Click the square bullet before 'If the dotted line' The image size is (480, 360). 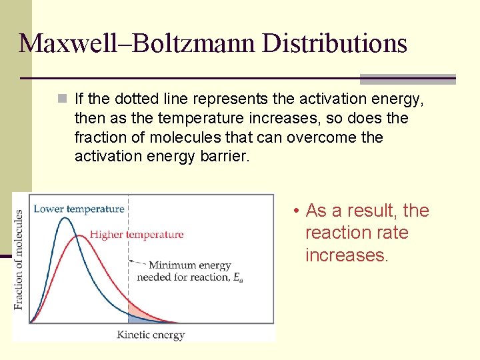pyautogui.click(x=62, y=100)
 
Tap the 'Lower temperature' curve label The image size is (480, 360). pyautogui.click(x=79, y=209)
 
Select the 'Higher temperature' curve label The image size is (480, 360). pyautogui.click(x=137, y=234)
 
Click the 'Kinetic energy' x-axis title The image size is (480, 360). pyautogui.click(x=151, y=335)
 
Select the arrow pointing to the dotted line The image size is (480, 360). pyautogui.click(x=137, y=262)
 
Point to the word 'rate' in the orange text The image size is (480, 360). pyautogui.click(x=393, y=233)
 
